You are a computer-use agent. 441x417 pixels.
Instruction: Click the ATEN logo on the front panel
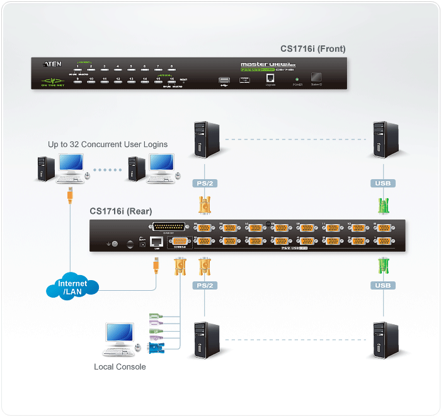(x=52, y=64)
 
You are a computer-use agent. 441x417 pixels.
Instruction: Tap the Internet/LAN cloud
(x=72, y=288)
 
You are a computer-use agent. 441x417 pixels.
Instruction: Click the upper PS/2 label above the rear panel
(x=204, y=184)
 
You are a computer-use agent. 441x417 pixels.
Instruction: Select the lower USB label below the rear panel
(x=382, y=285)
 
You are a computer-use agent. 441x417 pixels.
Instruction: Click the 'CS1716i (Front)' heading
(x=312, y=49)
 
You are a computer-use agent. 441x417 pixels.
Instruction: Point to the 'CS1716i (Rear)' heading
(x=120, y=211)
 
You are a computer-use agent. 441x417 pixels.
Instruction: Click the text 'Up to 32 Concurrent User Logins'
(x=108, y=144)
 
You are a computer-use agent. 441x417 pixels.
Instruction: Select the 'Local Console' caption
(x=120, y=367)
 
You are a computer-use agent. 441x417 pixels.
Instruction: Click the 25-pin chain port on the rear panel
(x=169, y=227)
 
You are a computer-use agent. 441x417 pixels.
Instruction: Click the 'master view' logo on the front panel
(x=264, y=64)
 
